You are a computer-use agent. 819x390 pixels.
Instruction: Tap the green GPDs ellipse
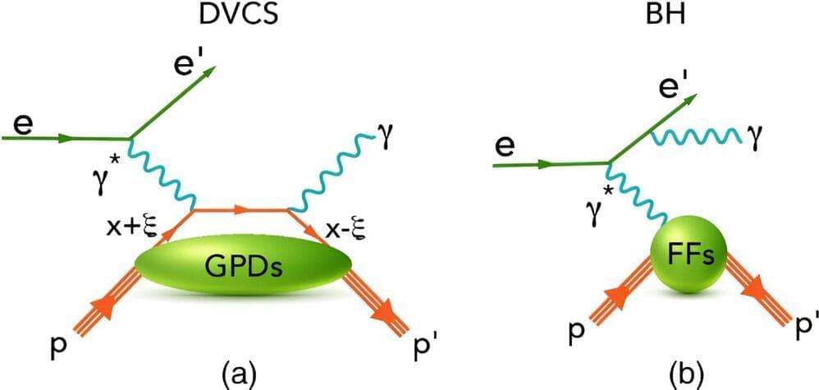tap(242, 267)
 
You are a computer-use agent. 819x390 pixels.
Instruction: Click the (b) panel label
tap(674, 374)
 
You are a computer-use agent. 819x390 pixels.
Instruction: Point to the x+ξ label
tap(133, 230)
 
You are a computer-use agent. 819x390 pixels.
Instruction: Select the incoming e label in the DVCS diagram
tap(21, 126)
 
